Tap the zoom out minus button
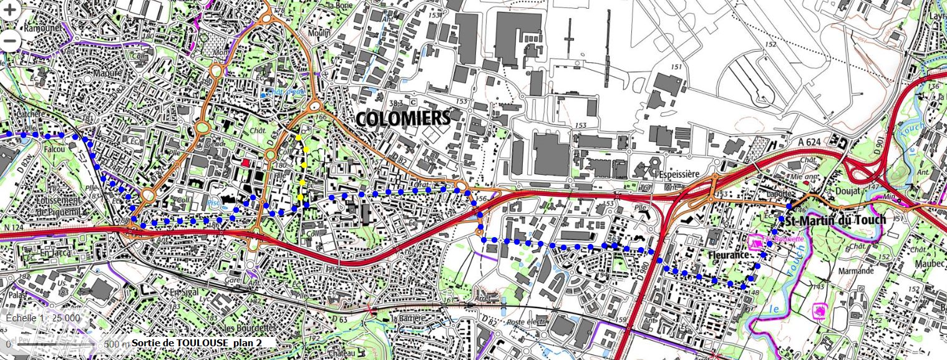pyautogui.click(x=11, y=41)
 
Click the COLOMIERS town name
pyautogui.click(x=404, y=118)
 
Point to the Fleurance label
pyautogui.click(x=728, y=255)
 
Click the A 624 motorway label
pyautogui.click(x=809, y=143)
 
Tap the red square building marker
pyautogui.click(x=245, y=162)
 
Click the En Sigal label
pyautogui.click(x=183, y=293)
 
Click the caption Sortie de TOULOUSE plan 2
pyautogui.click(x=203, y=343)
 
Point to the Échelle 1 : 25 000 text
pyautogui.click(x=42, y=318)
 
